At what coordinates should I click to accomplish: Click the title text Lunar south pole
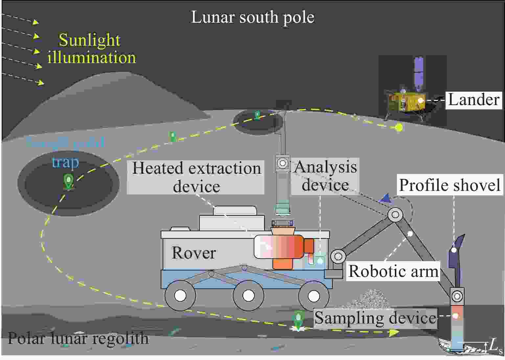click(252, 17)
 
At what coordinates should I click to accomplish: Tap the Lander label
click(474, 100)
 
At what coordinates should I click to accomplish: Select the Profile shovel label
click(449, 185)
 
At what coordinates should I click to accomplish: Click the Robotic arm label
click(393, 271)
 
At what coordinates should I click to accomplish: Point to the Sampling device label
click(375, 318)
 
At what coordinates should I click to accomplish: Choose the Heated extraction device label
click(196, 177)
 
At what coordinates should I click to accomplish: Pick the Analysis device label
click(325, 176)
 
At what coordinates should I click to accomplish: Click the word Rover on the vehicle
click(194, 253)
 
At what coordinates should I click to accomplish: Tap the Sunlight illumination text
click(91, 49)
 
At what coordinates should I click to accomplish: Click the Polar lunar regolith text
click(78, 338)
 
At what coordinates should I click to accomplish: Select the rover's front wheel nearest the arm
click(313, 296)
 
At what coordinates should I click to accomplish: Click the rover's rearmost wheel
click(180, 296)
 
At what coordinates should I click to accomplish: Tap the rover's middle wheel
click(248, 296)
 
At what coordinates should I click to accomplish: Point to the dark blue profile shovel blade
click(455, 259)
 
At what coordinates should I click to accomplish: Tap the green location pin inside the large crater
click(68, 181)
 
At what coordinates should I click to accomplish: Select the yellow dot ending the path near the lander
click(399, 127)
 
